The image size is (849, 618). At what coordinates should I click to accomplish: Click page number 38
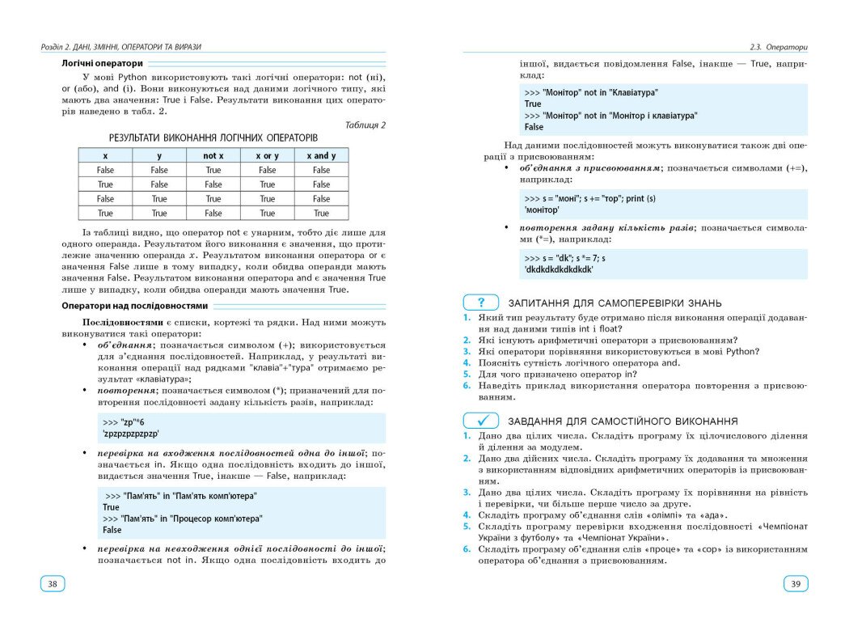click(53, 583)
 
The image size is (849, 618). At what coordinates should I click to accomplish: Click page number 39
click(795, 583)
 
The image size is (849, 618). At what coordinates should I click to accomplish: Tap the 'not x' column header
click(213, 155)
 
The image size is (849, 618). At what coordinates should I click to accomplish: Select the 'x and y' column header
click(321, 155)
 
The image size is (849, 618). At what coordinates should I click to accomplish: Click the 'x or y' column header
click(267, 155)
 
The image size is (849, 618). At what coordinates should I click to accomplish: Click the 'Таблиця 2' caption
click(365, 125)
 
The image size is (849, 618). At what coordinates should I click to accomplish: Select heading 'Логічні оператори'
click(103, 62)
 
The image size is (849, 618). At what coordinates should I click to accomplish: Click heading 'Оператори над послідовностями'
click(135, 306)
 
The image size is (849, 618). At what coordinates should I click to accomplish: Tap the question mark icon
click(481, 303)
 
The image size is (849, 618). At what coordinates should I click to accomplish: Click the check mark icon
click(481, 421)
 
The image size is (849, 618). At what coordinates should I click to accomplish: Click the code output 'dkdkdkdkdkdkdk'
click(559, 269)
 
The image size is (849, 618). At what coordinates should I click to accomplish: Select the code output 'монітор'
click(542, 210)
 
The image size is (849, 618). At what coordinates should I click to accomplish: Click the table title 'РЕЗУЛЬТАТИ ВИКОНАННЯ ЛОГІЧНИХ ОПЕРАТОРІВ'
click(213, 138)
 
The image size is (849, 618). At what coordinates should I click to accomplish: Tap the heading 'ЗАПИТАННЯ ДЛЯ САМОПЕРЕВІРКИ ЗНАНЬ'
click(615, 303)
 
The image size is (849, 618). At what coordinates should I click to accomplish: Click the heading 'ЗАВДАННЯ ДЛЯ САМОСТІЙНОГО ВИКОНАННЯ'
click(623, 421)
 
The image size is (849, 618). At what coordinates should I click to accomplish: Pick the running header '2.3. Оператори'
click(779, 47)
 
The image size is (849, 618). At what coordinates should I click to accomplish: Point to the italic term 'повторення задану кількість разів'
click(606, 228)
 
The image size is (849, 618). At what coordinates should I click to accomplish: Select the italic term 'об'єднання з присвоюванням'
click(590, 167)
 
